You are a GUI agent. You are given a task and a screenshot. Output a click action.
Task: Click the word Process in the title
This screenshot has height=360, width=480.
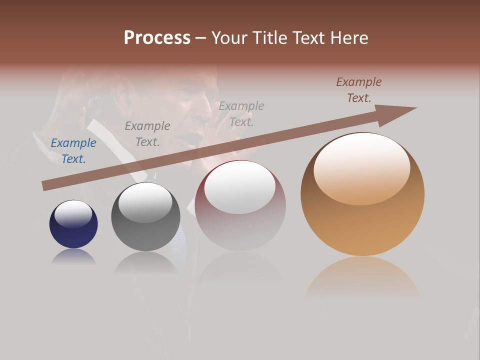pos(157,38)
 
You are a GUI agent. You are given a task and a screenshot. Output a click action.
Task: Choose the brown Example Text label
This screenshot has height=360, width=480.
pos(359,90)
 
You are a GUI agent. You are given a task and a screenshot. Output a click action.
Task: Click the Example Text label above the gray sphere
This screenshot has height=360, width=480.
pos(147,134)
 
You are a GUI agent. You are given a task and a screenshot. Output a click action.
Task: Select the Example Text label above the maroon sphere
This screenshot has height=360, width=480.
pos(241,114)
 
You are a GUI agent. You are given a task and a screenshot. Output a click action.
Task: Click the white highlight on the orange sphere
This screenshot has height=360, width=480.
pos(362,167)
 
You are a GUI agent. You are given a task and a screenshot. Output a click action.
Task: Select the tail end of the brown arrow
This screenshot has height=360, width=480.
pos(46,185)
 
